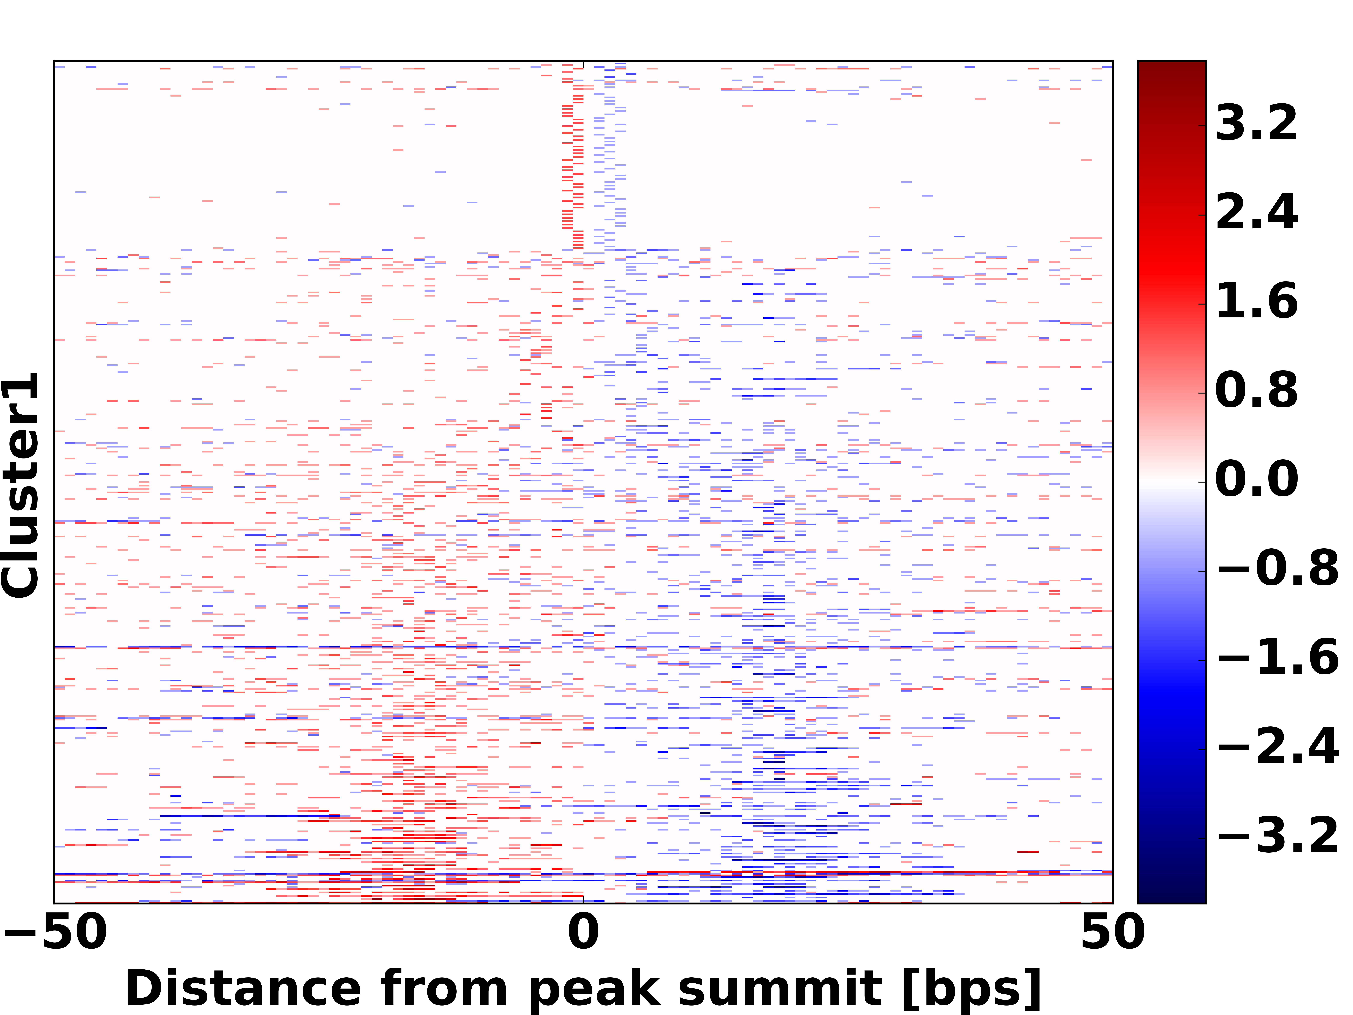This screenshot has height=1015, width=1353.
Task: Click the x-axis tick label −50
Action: tap(56, 932)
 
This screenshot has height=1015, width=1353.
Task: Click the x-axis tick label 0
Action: tap(584, 932)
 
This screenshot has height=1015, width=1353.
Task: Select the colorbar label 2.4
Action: tap(1256, 213)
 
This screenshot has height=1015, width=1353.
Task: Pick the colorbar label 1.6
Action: tap(1256, 302)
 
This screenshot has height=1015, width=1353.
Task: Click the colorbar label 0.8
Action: tap(1256, 390)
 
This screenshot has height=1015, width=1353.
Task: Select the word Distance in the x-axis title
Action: tap(243, 988)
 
